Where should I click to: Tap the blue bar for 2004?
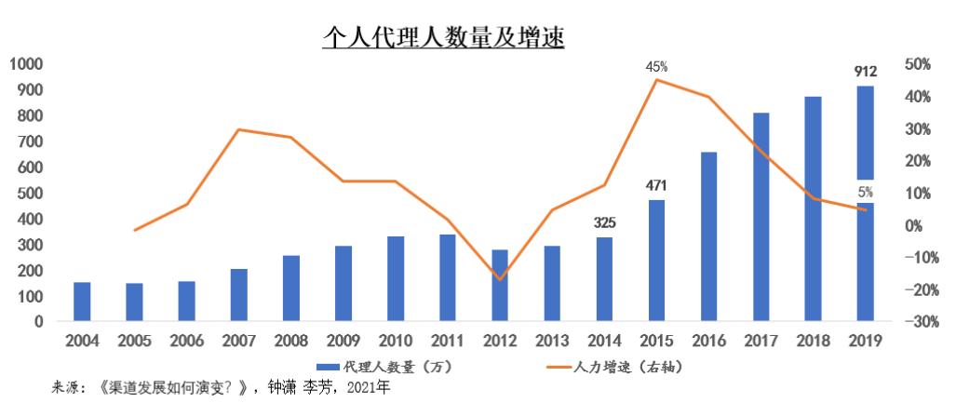(x=82, y=302)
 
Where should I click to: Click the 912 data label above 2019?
(x=866, y=71)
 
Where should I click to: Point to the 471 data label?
(x=657, y=186)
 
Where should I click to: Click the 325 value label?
(x=604, y=223)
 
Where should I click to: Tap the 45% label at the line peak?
(x=656, y=67)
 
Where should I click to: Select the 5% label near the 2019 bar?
(x=866, y=193)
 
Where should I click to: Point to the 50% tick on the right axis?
(x=917, y=64)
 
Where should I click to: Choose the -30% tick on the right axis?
(x=917, y=322)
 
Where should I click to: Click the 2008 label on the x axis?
(x=290, y=341)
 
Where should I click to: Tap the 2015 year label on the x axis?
(x=656, y=341)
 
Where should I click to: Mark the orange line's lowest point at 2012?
(x=500, y=279)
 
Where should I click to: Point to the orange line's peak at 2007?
(x=239, y=129)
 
